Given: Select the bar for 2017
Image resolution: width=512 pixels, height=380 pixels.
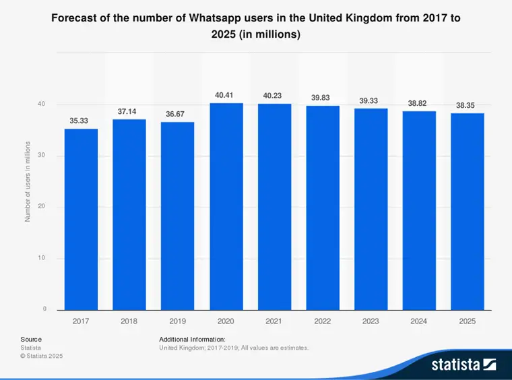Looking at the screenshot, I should click(81, 219).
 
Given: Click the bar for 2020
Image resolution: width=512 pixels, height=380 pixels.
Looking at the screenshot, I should click(226, 206).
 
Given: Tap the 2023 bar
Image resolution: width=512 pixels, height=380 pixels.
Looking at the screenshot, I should click(371, 209).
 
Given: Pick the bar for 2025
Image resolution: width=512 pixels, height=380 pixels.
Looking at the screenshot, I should click(467, 212).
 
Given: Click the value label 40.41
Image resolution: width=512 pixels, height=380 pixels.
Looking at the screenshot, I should click(226, 96).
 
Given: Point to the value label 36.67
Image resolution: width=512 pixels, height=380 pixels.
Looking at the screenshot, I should click(177, 115).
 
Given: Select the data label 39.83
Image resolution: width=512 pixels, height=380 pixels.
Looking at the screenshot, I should click(322, 98).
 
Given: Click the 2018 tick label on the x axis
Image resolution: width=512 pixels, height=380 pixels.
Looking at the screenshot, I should click(129, 321).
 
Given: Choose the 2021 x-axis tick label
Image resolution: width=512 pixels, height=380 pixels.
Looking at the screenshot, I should click(274, 321).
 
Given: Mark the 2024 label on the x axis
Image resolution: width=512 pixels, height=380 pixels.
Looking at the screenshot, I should click(418, 321).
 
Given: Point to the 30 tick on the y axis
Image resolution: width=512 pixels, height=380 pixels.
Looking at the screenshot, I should click(42, 156).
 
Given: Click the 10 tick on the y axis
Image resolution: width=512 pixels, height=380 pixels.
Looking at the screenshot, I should click(42, 258).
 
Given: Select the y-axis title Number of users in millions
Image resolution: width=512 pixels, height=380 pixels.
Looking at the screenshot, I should click(28, 182).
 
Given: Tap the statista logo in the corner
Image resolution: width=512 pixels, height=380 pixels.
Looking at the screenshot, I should click(463, 365).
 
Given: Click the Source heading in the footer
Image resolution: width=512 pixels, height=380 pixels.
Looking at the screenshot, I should click(31, 339).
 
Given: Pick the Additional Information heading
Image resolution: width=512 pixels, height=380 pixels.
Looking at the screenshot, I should click(192, 339).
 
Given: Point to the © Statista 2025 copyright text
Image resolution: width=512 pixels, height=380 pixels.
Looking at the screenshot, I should click(42, 356).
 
